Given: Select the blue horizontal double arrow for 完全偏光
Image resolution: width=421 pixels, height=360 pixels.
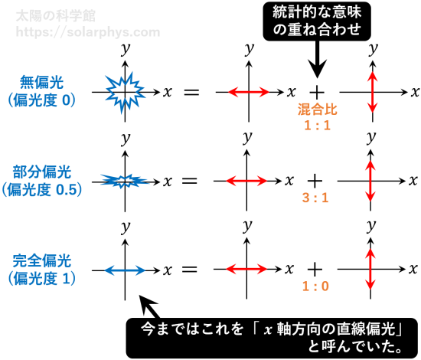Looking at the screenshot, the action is pos(125,270).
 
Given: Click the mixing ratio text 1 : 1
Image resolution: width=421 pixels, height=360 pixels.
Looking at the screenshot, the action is pos(317,126).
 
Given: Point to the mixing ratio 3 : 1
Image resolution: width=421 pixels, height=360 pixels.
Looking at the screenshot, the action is pos(315,198).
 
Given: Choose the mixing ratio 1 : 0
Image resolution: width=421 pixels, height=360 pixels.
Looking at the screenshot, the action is pos(315,286).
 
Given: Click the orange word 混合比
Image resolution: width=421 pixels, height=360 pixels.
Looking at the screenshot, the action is pos(317,110).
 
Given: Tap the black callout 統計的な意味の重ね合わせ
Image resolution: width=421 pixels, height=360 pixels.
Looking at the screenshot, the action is pos(317,21).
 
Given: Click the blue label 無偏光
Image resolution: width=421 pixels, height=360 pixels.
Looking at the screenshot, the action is pos(41,82).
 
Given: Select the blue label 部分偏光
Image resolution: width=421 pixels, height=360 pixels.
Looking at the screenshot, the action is pos(41,172).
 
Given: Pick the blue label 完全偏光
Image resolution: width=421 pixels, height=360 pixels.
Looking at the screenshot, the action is pos(41,260).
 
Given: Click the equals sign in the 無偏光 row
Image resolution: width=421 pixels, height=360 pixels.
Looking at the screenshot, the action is pos(191,92).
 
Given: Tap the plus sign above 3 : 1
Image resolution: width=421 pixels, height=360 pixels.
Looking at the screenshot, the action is pos(315,181).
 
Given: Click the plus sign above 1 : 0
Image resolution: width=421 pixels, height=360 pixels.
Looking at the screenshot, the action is pos(315,269).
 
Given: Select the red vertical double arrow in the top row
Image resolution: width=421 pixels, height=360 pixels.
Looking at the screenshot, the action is pos(372,92).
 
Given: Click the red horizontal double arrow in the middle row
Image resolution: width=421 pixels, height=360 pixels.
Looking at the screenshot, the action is pos(246,181).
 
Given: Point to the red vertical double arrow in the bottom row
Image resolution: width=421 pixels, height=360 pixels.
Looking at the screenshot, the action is pos(370,269).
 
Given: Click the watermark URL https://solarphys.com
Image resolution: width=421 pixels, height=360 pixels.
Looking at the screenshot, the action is pos(88,32).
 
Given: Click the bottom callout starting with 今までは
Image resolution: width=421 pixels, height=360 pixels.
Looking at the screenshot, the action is pos(272,338).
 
